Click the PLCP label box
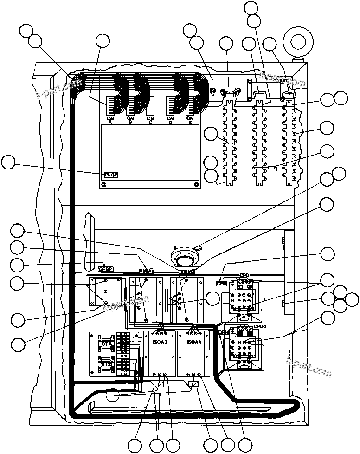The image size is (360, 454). [x=111, y=175]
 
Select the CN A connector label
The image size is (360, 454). [x=110, y=121]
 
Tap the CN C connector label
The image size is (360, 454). [x=150, y=121]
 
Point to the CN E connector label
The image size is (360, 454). [x=189, y=121]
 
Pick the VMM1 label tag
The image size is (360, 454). [x=147, y=271]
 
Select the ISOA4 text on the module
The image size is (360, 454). [x=193, y=342]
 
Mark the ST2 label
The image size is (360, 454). [x=106, y=364]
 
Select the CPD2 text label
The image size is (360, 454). [x=260, y=326]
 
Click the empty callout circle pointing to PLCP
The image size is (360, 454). [x=8, y=162]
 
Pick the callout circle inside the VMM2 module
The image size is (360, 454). [x=212, y=298]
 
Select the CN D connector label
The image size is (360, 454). [x=170, y=121]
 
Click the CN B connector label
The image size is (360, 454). [x=130, y=121]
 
